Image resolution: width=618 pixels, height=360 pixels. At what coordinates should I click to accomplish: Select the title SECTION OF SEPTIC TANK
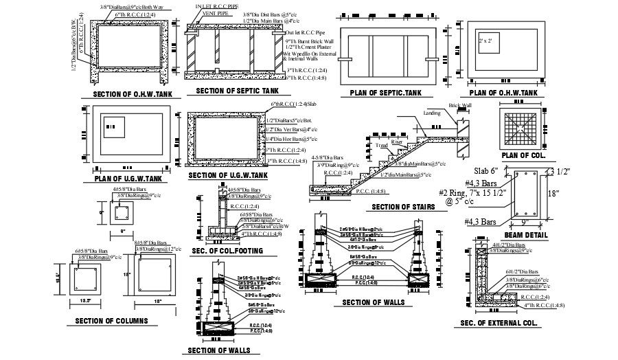pos(237,91)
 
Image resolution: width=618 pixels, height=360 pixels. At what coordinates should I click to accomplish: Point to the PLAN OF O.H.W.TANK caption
pos(503,92)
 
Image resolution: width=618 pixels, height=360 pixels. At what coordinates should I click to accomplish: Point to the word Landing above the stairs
pos(432,113)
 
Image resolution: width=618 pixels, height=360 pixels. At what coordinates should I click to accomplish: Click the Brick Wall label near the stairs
pos(461,106)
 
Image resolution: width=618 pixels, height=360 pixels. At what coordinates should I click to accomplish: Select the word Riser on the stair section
pos(405,142)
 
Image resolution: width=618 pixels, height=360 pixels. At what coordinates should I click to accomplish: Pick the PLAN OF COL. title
pos(523,156)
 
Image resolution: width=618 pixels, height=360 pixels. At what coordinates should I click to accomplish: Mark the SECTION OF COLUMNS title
pos(112,321)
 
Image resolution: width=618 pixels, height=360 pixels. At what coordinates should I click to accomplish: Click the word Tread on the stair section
pos(381,145)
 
